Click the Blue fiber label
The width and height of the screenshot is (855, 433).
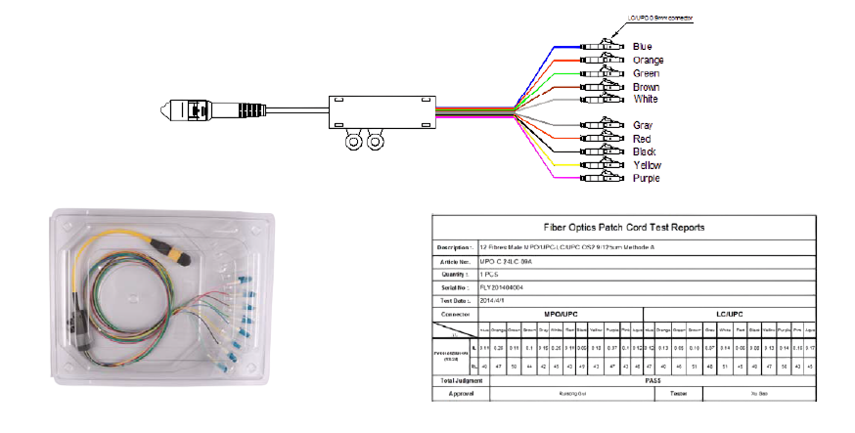pyautogui.click(x=643, y=46)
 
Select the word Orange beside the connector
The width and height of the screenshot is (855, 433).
pyautogui.click(x=648, y=60)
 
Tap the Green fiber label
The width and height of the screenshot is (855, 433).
pyautogui.click(x=646, y=73)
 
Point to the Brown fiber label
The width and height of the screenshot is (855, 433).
pyautogui.click(x=646, y=87)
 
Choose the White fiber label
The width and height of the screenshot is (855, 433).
pyautogui.click(x=645, y=99)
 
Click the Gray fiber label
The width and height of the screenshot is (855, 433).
pyautogui.click(x=643, y=125)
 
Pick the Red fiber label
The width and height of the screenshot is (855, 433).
pyautogui.click(x=642, y=139)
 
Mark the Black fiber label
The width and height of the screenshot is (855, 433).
pyautogui.click(x=645, y=152)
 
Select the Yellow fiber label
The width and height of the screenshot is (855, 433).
pyautogui.click(x=647, y=165)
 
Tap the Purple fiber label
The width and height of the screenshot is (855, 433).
pyautogui.click(x=646, y=178)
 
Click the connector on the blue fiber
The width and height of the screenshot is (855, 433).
pyautogui.click(x=599, y=46)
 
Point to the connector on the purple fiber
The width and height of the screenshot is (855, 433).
pyautogui.click(x=599, y=178)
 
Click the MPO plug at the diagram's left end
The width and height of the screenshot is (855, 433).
pyautogui.click(x=191, y=111)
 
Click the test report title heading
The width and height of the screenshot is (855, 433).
pyautogui.click(x=623, y=227)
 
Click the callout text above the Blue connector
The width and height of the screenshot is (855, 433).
pyautogui.click(x=660, y=19)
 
